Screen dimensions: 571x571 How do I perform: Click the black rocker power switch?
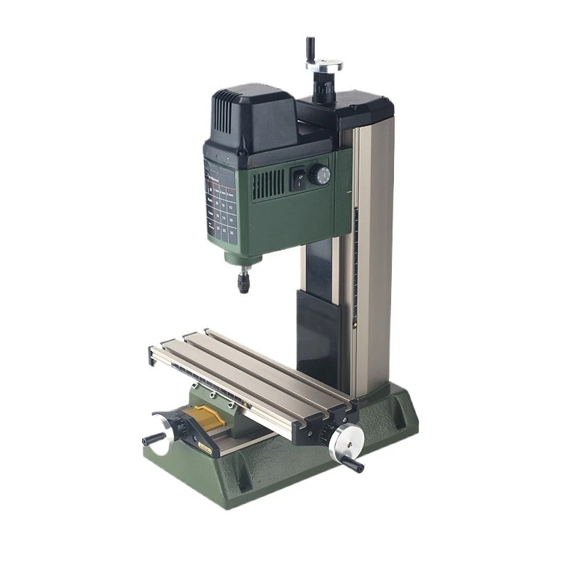pyautogui.click(x=298, y=178)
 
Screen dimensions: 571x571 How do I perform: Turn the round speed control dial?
pyautogui.click(x=321, y=175)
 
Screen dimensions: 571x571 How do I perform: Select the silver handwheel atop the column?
pyautogui.click(x=324, y=65)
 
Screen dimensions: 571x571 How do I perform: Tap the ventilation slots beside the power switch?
pyautogui.click(x=268, y=184)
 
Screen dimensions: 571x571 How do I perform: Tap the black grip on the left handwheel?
pyautogui.click(x=153, y=439)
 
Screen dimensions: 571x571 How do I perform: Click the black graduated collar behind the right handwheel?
pyautogui.click(x=328, y=433)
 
